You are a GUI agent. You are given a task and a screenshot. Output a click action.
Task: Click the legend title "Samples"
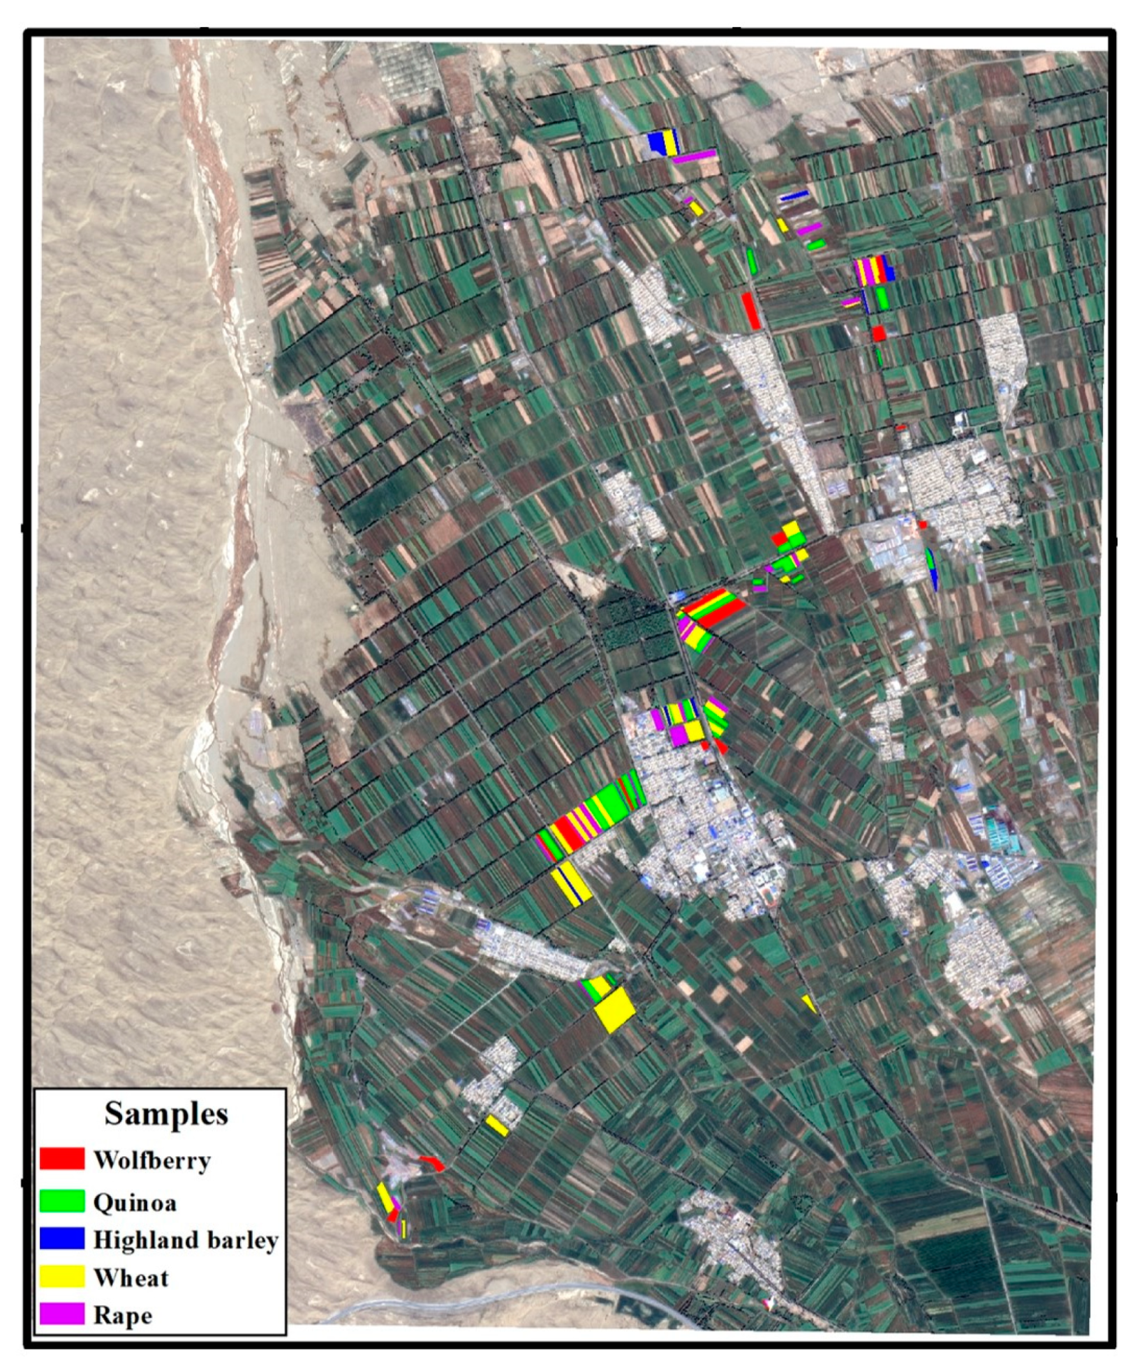(166, 1114)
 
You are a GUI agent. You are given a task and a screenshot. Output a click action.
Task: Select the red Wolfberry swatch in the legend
(61, 1159)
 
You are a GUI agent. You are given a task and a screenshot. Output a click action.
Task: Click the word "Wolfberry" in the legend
(151, 1160)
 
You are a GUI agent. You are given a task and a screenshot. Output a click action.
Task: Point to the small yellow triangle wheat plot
(809, 1003)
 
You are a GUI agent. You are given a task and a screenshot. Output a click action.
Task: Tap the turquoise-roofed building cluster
(1003, 832)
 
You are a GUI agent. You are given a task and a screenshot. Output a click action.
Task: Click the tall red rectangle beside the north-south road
(751, 310)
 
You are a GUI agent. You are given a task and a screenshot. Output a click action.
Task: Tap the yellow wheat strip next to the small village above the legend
(497, 1125)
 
